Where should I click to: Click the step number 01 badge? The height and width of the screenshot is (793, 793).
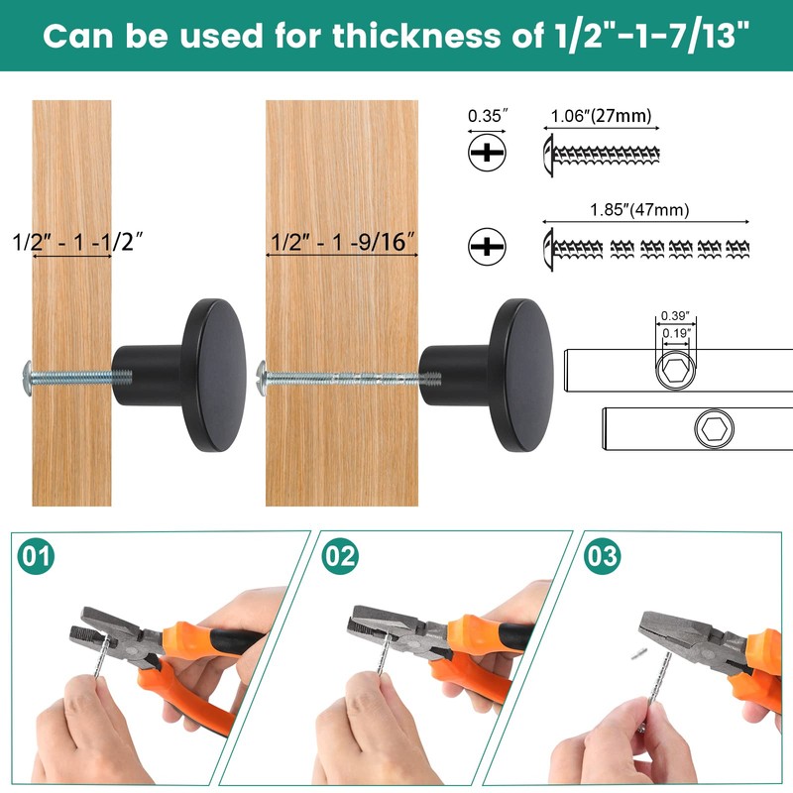click(x=36, y=556)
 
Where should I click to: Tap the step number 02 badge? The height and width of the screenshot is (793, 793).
click(x=339, y=556)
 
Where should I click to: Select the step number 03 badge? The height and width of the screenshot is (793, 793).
click(x=602, y=556)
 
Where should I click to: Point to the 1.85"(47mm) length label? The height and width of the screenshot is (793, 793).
click(x=639, y=209)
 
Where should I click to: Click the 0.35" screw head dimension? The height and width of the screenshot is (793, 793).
click(x=487, y=116)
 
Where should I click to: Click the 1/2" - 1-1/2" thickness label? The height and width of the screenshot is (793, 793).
click(x=72, y=241)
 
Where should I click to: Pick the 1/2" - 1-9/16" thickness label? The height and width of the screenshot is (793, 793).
click(x=340, y=241)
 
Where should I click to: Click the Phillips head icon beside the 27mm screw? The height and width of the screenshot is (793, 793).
click(x=487, y=153)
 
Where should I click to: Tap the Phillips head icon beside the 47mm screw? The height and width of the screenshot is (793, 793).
click(x=487, y=246)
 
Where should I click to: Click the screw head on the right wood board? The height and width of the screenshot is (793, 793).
click(x=263, y=375)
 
